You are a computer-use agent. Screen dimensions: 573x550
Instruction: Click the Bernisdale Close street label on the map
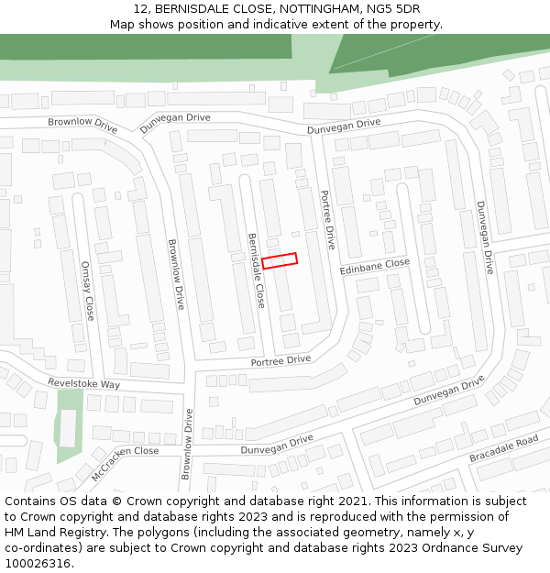(x=256, y=270)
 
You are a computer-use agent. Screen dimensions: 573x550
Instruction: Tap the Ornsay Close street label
(x=88, y=292)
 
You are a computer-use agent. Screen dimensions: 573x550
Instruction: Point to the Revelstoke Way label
(x=84, y=384)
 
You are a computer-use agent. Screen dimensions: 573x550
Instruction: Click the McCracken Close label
(x=125, y=463)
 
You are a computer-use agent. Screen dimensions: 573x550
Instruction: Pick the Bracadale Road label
(x=503, y=448)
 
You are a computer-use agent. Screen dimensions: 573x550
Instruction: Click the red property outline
(x=280, y=260)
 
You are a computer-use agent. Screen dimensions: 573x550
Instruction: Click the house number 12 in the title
(x=140, y=9)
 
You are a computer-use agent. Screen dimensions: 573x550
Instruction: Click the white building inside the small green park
(x=68, y=427)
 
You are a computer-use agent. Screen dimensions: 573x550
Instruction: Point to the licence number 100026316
(x=38, y=564)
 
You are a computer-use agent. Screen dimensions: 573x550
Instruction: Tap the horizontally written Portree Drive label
(x=281, y=361)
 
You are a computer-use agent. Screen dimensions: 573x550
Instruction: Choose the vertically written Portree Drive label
(x=327, y=220)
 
